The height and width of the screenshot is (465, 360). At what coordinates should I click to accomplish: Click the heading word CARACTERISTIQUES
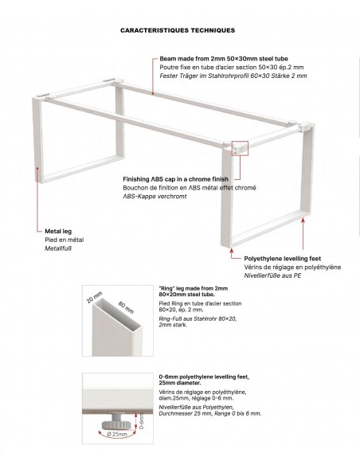click(152, 30)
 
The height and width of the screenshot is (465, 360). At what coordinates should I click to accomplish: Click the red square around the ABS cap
click(241, 148)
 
